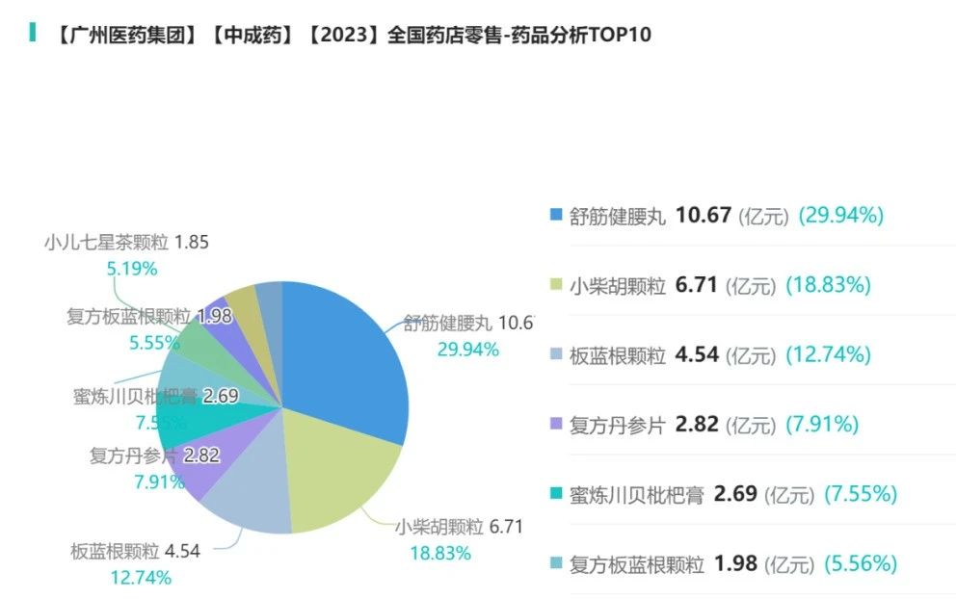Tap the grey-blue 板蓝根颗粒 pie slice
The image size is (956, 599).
click(x=246, y=496)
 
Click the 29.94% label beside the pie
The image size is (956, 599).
click(x=468, y=350)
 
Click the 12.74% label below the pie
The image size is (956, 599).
click(x=141, y=578)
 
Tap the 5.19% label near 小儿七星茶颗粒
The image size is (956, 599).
click(x=131, y=269)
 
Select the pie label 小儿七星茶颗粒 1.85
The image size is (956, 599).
click(x=126, y=243)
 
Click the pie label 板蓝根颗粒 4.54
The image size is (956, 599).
click(x=135, y=552)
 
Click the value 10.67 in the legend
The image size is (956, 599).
click(x=704, y=215)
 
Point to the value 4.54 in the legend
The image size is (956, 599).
click(x=697, y=354)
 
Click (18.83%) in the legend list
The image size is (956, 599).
click(x=829, y=285)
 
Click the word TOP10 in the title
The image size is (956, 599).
click(x=616, y=36)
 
